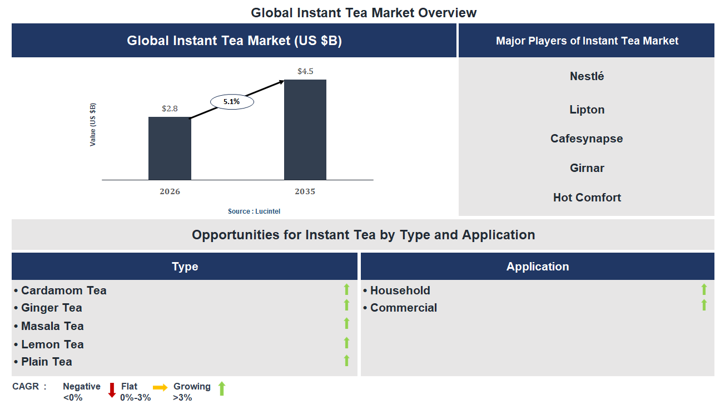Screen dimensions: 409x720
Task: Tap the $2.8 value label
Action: click(x=170, y=109)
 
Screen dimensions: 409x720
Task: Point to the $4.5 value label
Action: click(x=305, y=71)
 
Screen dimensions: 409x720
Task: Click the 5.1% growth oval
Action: click(x=231, y=102)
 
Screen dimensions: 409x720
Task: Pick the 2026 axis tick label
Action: click(x=170, y=191)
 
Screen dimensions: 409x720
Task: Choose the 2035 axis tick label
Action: click(x=305, y=191)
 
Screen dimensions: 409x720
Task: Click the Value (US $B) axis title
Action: click(x=93, y=125)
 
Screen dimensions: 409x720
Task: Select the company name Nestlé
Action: click(x=587, y=76)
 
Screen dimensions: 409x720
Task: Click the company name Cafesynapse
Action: click(x=587, y=139)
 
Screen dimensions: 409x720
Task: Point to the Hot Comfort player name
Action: click(x=587, y=198)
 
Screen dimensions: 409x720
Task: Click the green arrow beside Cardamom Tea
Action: click(x=346, y=289)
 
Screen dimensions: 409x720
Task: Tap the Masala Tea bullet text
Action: click(x=52, y=326)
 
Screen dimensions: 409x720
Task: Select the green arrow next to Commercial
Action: click(x=704, y=305)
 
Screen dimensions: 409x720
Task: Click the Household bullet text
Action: click(x=400, y=290)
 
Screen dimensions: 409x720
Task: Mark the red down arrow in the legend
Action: click(x=112, y=390)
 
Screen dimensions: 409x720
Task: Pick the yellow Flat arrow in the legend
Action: click(x=160, y=388)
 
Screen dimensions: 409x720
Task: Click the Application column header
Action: click(x=537, y=267)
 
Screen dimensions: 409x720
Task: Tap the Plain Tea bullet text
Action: click(x=47, y=362)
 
